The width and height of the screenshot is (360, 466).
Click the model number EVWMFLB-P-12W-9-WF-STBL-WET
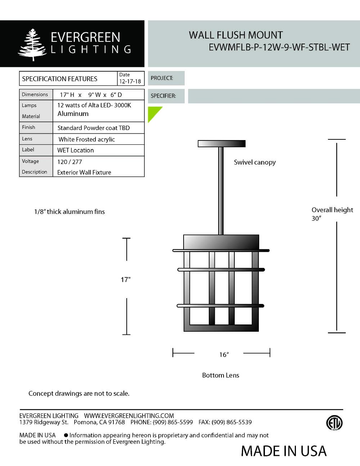[x=279, y=47]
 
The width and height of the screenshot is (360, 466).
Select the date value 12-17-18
[x=130, y=81]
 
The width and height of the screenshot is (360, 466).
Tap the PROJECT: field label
[x=162, y=78]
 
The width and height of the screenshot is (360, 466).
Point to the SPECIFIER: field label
[x=163, y=96]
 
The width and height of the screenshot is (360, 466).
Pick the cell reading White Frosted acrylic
[x=87, y=139]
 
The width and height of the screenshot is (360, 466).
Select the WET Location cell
[x=76, y=150]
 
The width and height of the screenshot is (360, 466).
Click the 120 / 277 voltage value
[x=69, y=162]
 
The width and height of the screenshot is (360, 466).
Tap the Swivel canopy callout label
[x=255, y=162]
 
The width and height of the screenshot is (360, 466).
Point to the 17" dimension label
[x=125, y=279]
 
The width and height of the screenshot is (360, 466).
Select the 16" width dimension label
[x=224, y=355]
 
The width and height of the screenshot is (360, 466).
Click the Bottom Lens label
[x=220, y=375]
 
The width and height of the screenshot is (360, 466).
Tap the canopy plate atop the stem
[x=221, y=144]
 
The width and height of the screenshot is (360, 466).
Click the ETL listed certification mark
[x=334, y=423]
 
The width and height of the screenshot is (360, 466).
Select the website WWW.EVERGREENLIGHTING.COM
[x=129, y=416]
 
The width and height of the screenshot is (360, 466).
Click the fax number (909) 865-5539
[x=231, y=422]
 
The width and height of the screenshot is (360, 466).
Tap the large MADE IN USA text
[x=284, y=451]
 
